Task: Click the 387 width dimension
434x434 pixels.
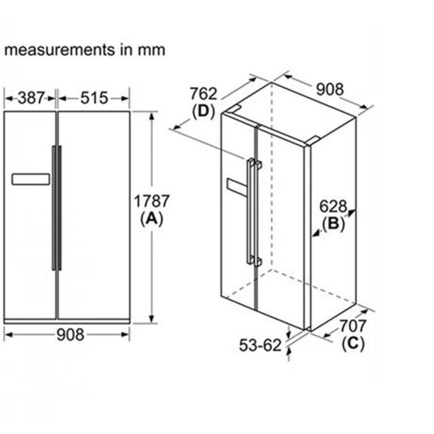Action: coord(31,98)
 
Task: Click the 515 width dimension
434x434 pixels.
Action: coord(94,98)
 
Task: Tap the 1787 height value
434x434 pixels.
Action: coord(151,201)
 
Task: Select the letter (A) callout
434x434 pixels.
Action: coord(152,219)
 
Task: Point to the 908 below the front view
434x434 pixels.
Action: coord(70,334)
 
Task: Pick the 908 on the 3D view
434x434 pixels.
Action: coord(330,89)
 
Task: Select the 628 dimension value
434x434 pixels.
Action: coord(333,206)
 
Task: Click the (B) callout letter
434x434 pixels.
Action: coord(333,224)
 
